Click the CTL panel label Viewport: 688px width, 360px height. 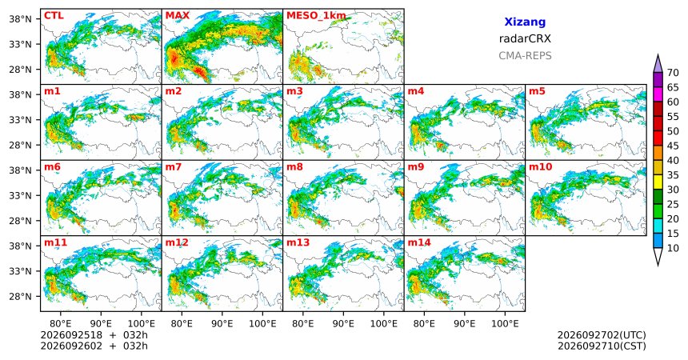pos(54,16)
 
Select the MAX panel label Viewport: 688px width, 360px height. pos(178,16)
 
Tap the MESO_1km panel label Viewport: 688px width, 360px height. pos(316,16)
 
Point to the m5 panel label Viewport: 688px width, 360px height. pos(537,91)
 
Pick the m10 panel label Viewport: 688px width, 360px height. pos(540,167)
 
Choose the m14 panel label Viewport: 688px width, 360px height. pos(419,242)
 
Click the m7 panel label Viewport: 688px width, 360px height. pos(174,167)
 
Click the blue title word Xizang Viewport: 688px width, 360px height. pos(525,22)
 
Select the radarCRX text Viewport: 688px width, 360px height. pos(525,38)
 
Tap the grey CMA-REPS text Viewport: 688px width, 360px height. pos(525,56)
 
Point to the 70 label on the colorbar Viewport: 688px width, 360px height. pos(673,73)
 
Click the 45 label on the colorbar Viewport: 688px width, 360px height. pos(673,146)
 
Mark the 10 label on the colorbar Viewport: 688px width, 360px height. pos(673,249)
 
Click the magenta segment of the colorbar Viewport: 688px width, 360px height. pos(658,94)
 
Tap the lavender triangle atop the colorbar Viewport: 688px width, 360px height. pos(658,65)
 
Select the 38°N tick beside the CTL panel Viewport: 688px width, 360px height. pos(20,19)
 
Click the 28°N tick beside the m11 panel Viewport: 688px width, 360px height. pos(20,296)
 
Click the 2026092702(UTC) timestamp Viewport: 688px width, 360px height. pos(602,335)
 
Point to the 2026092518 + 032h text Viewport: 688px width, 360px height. pos(94,335)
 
